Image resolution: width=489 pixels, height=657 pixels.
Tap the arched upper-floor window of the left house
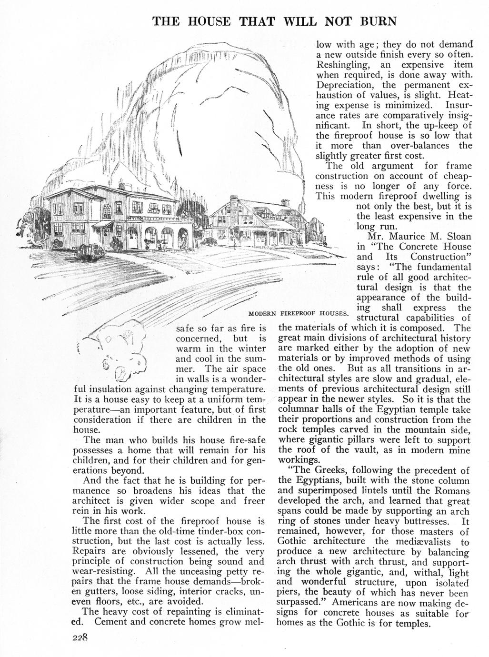[107, 208]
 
